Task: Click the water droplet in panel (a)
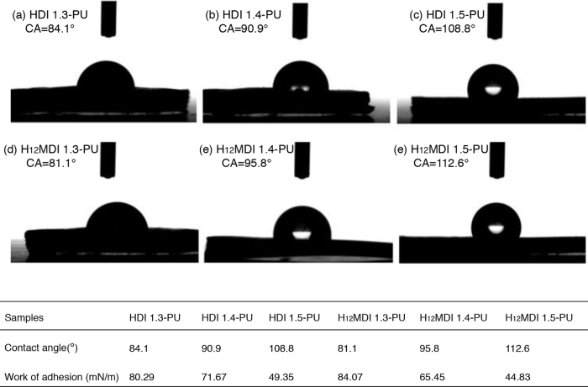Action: (x=106, y=74)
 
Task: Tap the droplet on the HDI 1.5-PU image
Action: (x=493, y=81)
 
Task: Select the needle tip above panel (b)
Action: (x=300, y=37)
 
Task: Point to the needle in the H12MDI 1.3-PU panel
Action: (x=108, y=160)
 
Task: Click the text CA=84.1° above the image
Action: (x=50, y=29)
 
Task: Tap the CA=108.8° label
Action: (x=447, y=29)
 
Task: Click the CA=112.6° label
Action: (x=441, y=163)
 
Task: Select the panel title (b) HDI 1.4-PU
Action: (x=243, y=15)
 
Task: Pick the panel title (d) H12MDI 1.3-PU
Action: (x=51, y=149)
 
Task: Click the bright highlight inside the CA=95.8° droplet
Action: (x=302, y=234)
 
